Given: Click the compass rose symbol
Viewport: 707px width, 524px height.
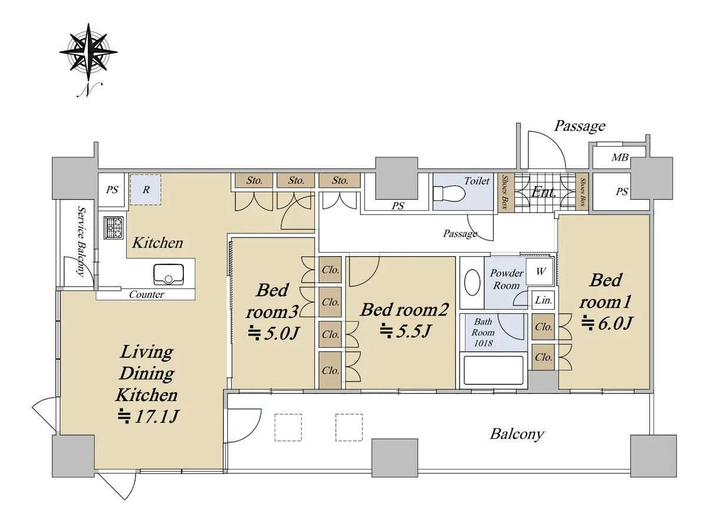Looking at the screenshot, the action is coord(88,52).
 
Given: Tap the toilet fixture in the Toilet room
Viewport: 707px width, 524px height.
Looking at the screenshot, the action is coord(449,194).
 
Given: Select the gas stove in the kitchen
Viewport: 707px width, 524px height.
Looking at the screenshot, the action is coord(114,228).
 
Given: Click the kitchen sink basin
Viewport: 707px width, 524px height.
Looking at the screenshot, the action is coord(169,274).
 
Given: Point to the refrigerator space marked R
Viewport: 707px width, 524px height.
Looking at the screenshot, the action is coord(146,190).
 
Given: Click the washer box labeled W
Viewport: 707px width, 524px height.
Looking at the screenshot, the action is coord(539,271).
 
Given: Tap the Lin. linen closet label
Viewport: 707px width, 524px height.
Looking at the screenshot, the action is coord(543,300).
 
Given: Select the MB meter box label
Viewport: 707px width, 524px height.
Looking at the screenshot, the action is coord(620,157).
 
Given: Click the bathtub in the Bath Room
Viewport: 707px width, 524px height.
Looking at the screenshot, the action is coord(493,370).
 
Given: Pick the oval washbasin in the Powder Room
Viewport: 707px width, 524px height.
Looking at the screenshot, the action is coord(473,283).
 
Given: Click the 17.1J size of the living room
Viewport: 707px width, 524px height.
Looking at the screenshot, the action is coord(148,416).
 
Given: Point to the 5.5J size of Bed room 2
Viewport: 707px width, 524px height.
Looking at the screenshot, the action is coord(405,331).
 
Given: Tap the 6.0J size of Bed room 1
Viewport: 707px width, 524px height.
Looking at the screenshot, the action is coord(607,323).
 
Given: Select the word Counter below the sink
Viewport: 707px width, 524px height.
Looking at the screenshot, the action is coord(147,294).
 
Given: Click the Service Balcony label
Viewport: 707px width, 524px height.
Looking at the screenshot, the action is coord(82,241).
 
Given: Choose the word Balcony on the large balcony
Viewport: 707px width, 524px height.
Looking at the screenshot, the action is coord(517,435).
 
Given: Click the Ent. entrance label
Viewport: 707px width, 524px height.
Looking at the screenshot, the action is coord(544,192).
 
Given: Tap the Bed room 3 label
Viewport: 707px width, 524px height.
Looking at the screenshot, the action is coord(272,301).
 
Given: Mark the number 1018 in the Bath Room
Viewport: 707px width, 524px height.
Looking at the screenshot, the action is coord(483,343).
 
